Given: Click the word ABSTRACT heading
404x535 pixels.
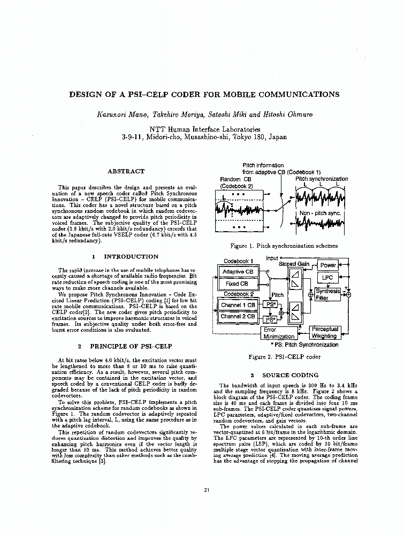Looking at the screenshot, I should click(126, 171).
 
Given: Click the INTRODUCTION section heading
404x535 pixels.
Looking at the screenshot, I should click(131, 257).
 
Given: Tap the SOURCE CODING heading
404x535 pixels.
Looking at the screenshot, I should click(290, 375).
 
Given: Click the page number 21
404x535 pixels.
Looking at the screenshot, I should click(207, 490).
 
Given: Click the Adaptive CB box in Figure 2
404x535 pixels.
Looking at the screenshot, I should click(237, 272).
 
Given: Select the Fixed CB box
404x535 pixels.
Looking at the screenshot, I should click(237, 284).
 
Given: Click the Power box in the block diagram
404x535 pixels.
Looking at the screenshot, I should click(328, 265).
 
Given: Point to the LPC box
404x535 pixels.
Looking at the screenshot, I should click(327, 278).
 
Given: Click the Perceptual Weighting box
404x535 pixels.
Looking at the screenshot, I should click(324, 333).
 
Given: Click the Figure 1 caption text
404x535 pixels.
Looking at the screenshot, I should click(284, 246).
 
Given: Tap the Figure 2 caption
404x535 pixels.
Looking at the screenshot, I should click(285, 357).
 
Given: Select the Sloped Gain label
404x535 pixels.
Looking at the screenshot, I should click(294, 264).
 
